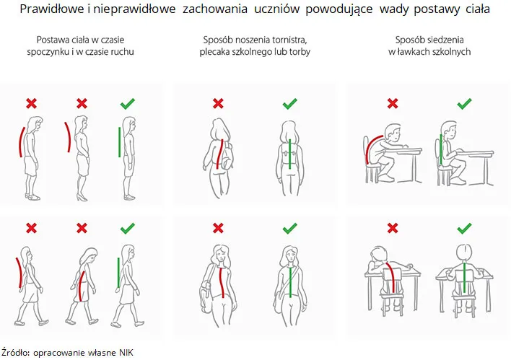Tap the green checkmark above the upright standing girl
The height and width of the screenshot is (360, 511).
[x=128, y=104]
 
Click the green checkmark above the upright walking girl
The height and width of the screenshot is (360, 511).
[x=128, y=228]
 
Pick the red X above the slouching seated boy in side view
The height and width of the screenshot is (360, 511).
[x=393, y=104]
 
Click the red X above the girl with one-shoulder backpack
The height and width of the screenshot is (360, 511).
[x=218, y=104]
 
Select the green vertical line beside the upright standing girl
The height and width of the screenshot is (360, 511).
[x=119, y=143]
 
